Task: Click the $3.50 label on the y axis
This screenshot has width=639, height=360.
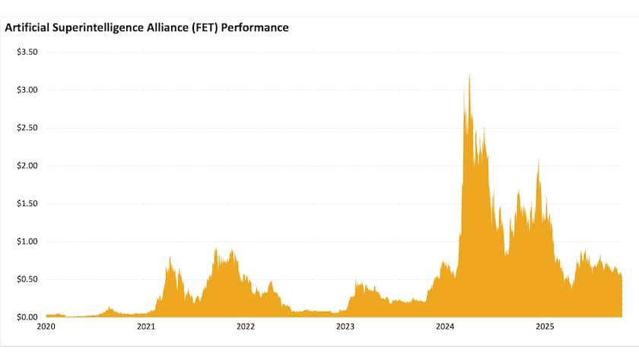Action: [x=27, y=52]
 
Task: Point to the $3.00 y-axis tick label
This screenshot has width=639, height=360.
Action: [x=27, y=90]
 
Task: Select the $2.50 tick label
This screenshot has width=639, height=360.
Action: [x=27, y=128]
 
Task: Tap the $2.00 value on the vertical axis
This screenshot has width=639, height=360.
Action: [x=27, y=166]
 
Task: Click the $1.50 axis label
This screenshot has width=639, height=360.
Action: [x=27, y=203]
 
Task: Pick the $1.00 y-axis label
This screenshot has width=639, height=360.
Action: [x=27, y=241]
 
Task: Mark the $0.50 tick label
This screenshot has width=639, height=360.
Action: [x=27, y=279]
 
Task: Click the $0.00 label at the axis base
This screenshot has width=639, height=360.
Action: [x=27, y=317]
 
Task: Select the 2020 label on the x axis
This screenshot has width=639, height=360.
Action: [x=46, y=327]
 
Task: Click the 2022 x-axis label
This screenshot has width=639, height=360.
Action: [x=245, y=327]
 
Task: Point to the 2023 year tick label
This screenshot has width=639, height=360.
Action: [x=345, y=327]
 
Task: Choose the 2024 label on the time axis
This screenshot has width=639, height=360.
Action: [x=445, y=327]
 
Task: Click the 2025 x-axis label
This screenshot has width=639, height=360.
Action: [x=545, y=327]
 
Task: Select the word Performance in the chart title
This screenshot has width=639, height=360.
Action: [x=254, y=27]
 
